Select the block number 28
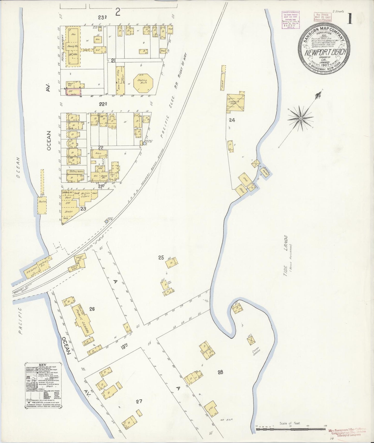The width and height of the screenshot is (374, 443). tap(220, 372)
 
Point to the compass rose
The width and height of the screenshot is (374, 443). tap(300, 118)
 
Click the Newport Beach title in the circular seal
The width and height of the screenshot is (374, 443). tap(325, 52)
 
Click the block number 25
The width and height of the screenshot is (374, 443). tap(161, 257)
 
